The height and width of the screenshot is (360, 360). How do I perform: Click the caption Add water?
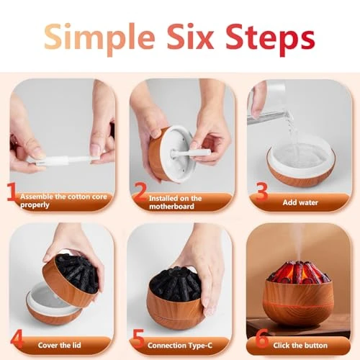pos(302,203)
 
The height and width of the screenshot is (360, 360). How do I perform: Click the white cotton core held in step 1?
pos(58,153)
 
